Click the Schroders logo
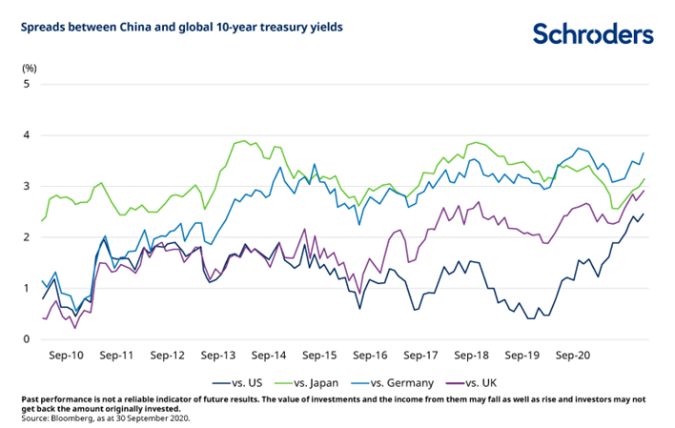[x=593, y=34]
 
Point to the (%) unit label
[x=30, y=68]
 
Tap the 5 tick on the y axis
[x=28, y=84]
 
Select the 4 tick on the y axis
[x=28, y=135]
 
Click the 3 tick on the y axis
[x=28, y=186]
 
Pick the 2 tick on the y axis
[x=28, y=237]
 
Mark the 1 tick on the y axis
[x=28, y=288]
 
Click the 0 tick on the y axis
[x=28, y=339]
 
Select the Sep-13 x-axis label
[x=219, y=355]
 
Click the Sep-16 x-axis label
[x=373, y=355]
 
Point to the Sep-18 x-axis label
[x=475, y=355]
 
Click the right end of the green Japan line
[x=644, y=179]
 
